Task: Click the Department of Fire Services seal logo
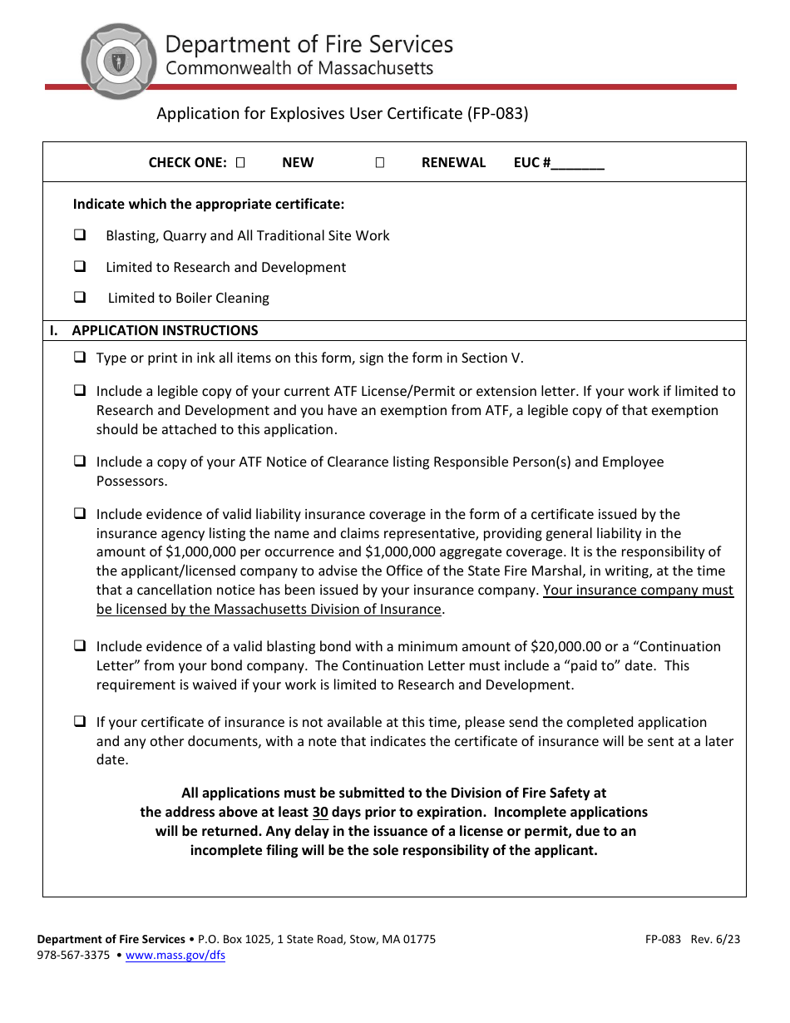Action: click(118, 61)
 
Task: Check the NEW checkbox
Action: click(240, 163)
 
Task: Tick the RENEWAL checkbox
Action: click(379, 163)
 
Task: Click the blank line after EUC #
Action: click(577, 164)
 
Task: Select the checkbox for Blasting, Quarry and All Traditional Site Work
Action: click(81, 235)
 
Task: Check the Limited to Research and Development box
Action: click(81, 267)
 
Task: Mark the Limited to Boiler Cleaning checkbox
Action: click(81, 297)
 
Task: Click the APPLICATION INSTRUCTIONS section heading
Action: click(165, 330)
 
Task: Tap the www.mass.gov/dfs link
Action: click(175, 956)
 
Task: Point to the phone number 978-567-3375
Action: click(73, 956)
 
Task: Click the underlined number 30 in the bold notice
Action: click(320, 812)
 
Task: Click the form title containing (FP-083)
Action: click(343, 114)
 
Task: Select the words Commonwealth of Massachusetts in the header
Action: click(299, 68)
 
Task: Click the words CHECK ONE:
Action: click(187, 163)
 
